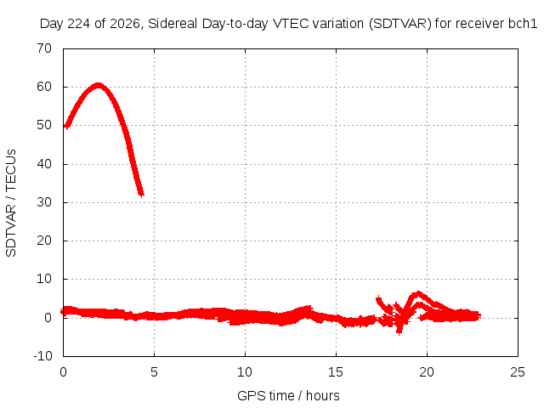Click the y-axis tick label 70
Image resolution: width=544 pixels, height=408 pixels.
click(44, 48)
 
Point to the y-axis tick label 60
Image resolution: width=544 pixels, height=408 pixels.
click(44, 87)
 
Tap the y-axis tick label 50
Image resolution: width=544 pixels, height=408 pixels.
click(44, 125)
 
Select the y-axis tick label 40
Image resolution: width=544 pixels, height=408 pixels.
click(44, 164)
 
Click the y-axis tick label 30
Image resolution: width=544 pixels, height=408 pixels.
click(44, 202)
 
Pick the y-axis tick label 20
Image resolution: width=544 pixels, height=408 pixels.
click(44, 241)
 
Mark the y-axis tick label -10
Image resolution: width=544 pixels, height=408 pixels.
click(42, 356)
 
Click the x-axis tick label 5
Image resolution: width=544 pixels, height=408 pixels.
click(154, 372)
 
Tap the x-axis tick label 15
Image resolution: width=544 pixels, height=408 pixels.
click(336, 372)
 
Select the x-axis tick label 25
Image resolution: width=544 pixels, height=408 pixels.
click(518, 372)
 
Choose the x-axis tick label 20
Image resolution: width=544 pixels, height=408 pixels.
click(427, 372)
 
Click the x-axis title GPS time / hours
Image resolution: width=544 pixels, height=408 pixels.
click(288, 396)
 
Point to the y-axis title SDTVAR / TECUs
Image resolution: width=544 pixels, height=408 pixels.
click(11, 203)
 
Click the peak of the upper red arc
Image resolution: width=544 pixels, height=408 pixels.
click(99, 85)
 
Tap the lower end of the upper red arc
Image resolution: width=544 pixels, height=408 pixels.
click(141, 195)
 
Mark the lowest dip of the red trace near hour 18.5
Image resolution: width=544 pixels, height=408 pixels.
click(399, 334)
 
